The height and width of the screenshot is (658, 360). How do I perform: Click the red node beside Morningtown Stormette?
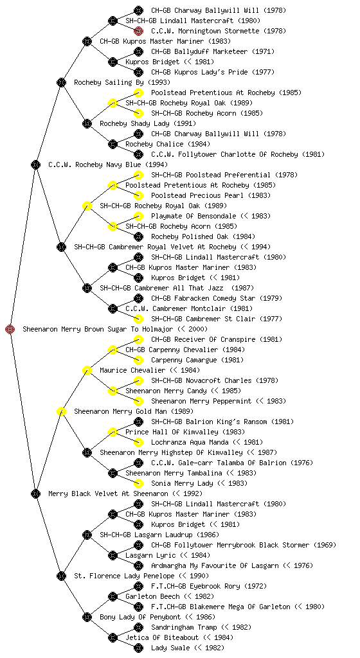[x=138, y=31]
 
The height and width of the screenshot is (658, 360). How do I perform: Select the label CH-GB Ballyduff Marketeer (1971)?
[x=213, y=51]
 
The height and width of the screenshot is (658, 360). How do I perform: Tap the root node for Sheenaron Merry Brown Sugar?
[x=10, y=330]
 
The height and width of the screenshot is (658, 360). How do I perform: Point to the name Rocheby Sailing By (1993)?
[x=116, y=83]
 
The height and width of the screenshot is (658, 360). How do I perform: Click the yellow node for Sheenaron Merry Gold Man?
[x=61, y=412]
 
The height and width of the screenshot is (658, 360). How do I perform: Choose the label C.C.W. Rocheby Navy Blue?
[x=94, y=165]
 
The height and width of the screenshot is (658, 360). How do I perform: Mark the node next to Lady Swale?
[x=138, y=648]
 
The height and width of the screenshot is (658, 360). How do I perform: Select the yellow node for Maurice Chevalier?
[x=87, y=371]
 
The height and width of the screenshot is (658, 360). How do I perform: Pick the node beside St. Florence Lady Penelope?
[x=61, y=576]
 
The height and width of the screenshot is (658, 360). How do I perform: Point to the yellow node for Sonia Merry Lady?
[x=138, y=484]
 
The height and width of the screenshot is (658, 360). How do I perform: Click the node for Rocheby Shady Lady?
[x=87, y=124]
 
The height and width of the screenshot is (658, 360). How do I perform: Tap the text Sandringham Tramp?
[x=184, y=627]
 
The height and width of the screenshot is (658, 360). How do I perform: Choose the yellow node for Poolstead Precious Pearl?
[x=138, y=195]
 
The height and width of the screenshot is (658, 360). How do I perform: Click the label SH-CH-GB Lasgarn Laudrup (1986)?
[x=159, y=535]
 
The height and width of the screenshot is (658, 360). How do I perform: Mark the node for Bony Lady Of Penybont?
[x=87, y=618]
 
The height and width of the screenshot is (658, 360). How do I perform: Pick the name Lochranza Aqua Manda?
[x=190, y=442]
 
